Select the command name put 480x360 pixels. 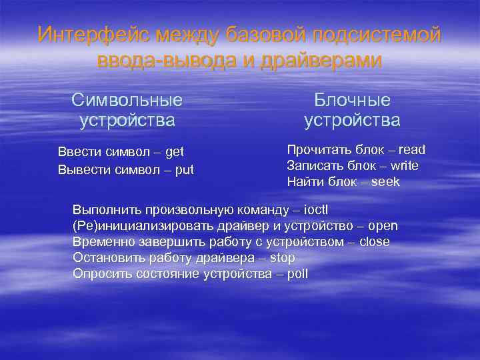[x=183, y=169]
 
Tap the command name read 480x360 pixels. [x=411, y=149]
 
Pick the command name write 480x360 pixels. [x=405, y=165]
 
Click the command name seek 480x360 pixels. [x=385, y=181]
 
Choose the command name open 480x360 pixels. [x=384, y=226]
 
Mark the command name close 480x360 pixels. [x=374, y=242]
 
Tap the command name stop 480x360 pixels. [x=282, y=258]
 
